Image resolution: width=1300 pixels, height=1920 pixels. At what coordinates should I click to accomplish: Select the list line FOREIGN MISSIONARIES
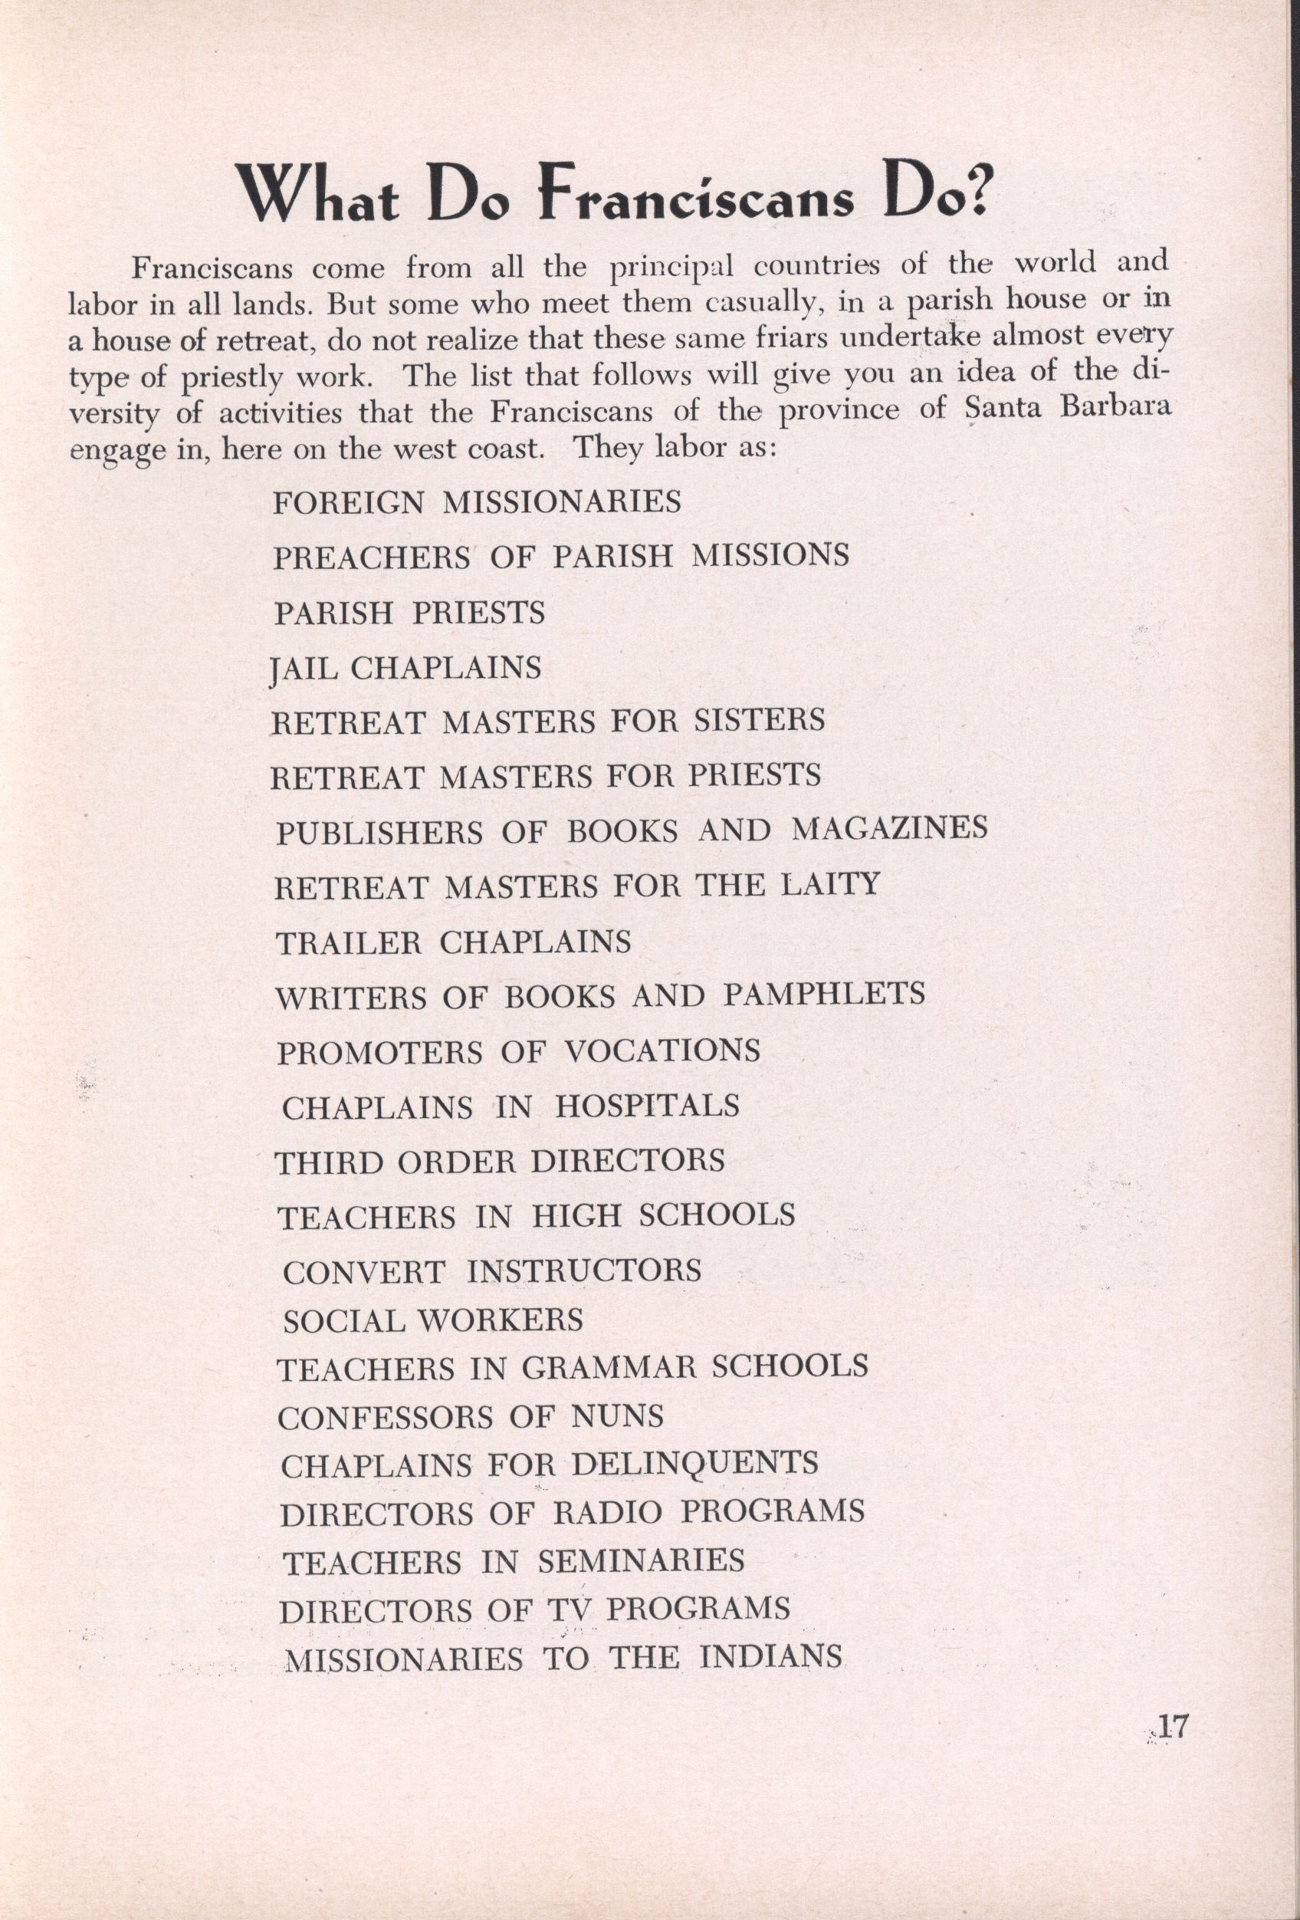pos(477,501)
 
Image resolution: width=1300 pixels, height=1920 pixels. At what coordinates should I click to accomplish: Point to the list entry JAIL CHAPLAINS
pos(405,668)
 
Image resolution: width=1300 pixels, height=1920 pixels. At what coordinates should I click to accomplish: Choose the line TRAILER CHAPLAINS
pos(452,942)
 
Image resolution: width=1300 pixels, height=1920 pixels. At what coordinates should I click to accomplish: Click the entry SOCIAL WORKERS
pos(433,1320)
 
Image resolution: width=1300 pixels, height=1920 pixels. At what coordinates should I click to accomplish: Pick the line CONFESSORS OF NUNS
pos(470,1418)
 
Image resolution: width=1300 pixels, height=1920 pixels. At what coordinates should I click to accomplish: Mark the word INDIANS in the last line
pos(770,1657)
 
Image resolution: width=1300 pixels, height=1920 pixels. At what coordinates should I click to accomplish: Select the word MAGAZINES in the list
pos(889,829)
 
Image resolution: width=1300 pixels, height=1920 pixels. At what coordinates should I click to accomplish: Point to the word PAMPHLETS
pos(823,994)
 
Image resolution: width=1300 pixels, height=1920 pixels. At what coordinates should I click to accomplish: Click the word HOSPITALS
pos(647,1106)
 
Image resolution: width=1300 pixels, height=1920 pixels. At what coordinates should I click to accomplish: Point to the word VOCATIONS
pos(661,1051)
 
